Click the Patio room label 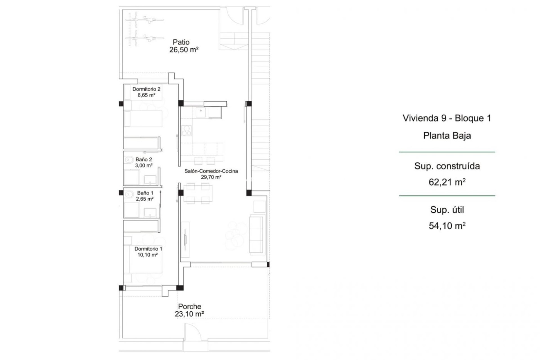pyautogui.click(x=181, y=42)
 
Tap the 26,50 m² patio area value pyautogui.click(x=184, y=50)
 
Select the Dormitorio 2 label pyautogui.click(x=146, y=89)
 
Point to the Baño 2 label pyautogui.click(x=143, y=159)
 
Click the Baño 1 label pyautogui.click(x=145, y=193)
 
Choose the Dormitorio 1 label pyautogui.click(x=148, y=249)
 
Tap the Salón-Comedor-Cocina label pyautogui.click(x=211, y=171)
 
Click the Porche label pyautogui.click(x=190, y=306)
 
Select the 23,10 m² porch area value pyautogui.click(x=189, y=314)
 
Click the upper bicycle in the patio pyautogui.click(x=144, y=19)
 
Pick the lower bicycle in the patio pyautogui.click(x=144, y=38)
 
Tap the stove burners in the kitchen pyautogui.click(x=186, y=131)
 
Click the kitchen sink pyautogui.click(x=201, y=112)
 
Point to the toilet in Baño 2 pyautogui.click(x=129, y=160)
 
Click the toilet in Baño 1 pyautogui.click(x=129, y=194)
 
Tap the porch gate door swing pyautogui.click(x=193, y=332)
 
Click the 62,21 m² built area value pyautogui.click(x=447, y=182)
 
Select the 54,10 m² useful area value pyautogui.click(x=447, y=226)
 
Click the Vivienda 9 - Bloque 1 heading pyautogui.click(x=447, y=118)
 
